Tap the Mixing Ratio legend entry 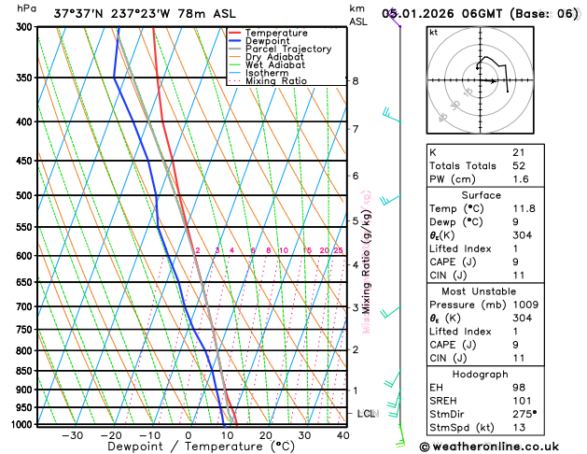[x=275, y=81]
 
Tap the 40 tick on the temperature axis [x=343, y=435]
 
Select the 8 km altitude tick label [x=355, y=81]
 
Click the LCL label [x=367, y=413]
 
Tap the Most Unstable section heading [x=501, y=291]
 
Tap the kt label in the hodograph [x=433, y=32]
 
